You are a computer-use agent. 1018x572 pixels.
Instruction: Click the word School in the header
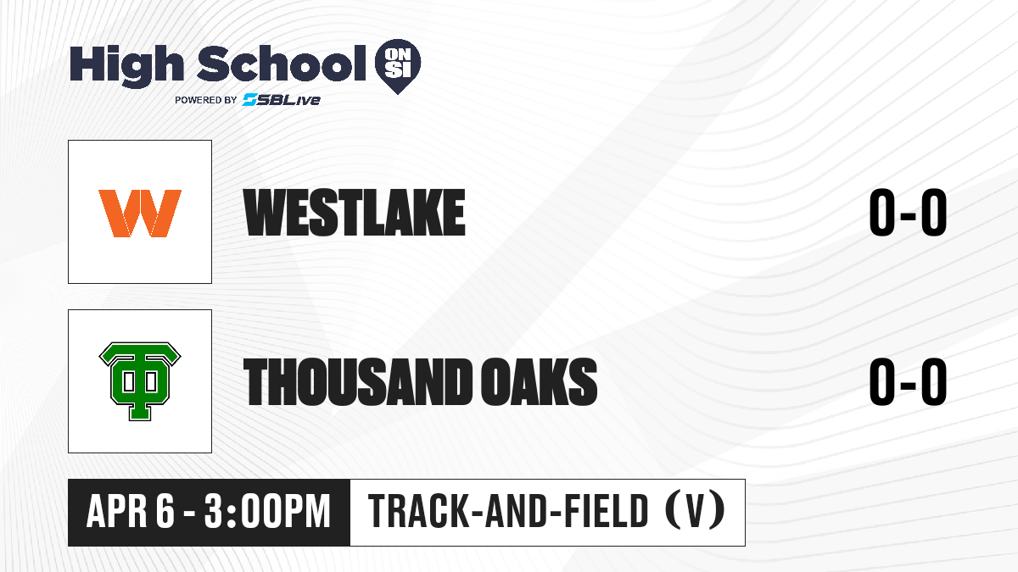[282, 63]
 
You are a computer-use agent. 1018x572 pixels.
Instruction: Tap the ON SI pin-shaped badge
[398, 66]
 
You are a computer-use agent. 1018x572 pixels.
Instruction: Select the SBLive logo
[281, 100]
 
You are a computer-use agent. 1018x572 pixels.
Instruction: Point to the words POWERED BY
[206, 100]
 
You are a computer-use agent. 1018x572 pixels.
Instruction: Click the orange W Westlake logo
[140, 213]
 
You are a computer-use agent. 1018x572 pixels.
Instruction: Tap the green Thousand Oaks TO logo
[140, 381]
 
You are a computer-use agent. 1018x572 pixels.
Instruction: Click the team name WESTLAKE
[355, 213]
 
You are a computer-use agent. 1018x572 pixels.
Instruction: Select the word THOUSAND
[358, 381]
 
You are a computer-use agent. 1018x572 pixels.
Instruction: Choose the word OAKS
[540, 381]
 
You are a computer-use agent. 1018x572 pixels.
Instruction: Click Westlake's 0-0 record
[908, 213]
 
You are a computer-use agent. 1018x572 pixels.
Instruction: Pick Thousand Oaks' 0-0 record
[908, 381]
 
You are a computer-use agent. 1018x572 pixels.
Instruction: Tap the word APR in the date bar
[117, 512]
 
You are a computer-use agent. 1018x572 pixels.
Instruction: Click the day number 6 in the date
[165, 512]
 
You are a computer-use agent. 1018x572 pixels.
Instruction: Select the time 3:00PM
[267, 512]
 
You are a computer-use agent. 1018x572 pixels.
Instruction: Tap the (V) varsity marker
[695, 510]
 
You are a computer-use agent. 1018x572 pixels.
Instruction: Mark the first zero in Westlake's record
[882, 213]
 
